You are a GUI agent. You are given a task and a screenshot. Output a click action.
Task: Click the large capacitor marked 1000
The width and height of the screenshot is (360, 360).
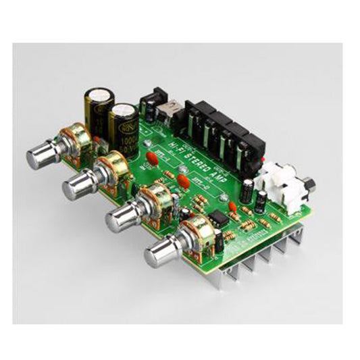125,125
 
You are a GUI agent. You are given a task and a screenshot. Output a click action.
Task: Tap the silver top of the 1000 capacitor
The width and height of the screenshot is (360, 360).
124,108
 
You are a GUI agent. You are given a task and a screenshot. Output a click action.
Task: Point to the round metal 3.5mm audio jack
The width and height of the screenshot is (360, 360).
309,183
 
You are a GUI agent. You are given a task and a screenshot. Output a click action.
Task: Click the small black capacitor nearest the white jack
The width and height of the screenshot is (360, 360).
261,197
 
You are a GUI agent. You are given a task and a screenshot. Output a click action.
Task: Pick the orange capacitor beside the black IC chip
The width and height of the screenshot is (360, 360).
232,207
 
